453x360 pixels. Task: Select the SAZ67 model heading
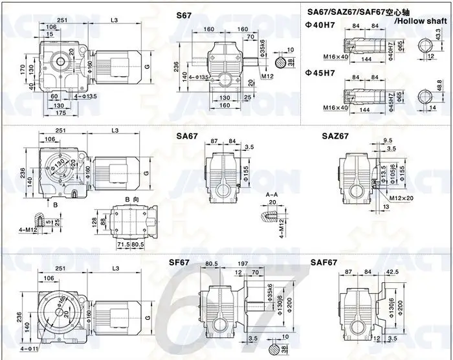[335, 136]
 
